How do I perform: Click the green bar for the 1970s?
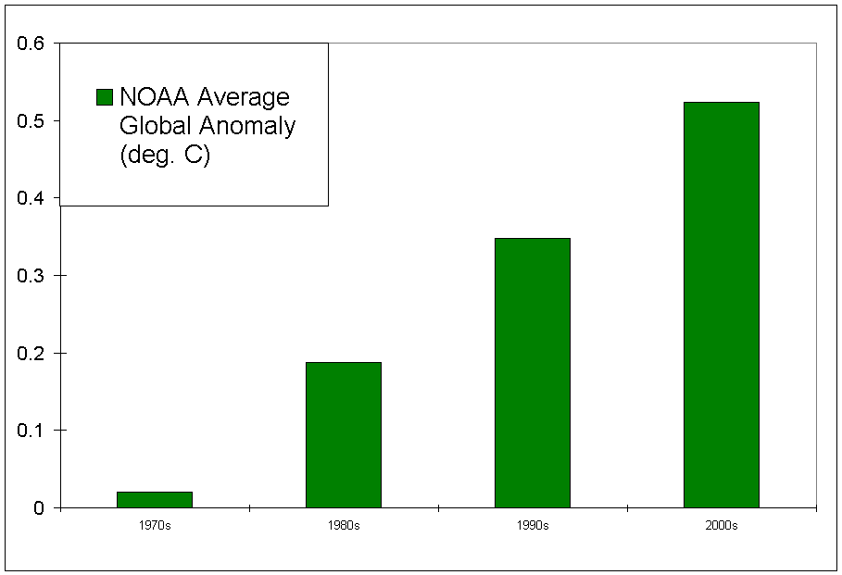[x=155, y=499]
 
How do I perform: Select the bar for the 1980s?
[x=344, y=434]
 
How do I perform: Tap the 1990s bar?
[x=533, y=372]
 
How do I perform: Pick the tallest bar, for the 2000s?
[x=722, y=305]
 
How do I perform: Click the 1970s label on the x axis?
[x=155, y=526]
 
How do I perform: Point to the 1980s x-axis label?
[x=344, y=526]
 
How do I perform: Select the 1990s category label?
[x=533, y=526]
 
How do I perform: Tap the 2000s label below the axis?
[x=722, y=526]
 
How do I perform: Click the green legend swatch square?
[x=105, y=97]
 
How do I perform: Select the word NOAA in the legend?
[x=152, y=97]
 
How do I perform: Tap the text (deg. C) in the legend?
[x=165, y=155]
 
